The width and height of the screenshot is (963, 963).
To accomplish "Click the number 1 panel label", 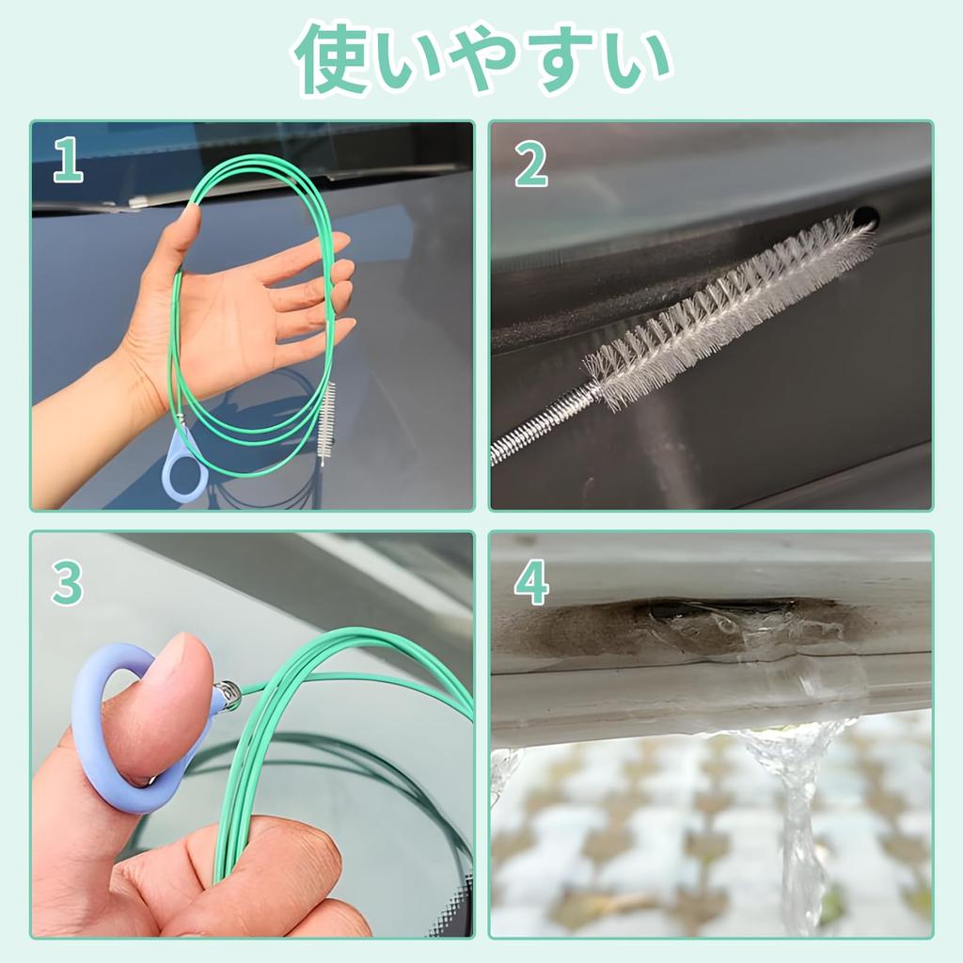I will tap(67, 160).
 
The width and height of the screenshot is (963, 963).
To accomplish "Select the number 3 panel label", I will tap(67, 583).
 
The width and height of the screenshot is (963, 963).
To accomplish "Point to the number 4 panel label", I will tap(531, 584).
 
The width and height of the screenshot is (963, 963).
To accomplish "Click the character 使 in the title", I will tap(331, 58).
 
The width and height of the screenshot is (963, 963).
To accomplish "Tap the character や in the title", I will tap(481, 58).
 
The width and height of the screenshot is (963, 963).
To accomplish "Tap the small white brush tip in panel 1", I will tap(325, 423).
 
